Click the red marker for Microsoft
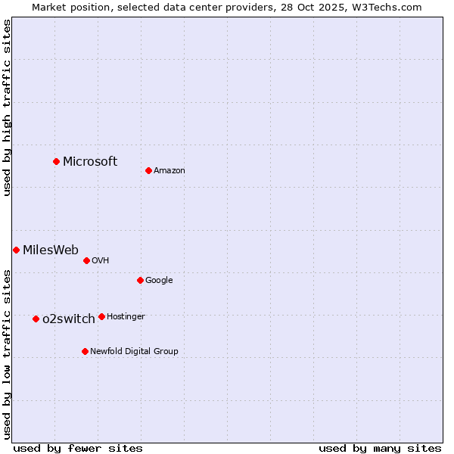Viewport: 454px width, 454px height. pos(56,161)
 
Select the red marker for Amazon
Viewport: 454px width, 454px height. pos(148,170)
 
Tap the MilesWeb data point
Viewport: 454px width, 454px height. pos(16,250)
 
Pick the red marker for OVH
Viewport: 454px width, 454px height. pos(86,260)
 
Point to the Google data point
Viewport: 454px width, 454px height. pos(140,280)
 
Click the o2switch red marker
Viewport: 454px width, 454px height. pos(36,319)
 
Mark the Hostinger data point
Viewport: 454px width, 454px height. pos(101,316)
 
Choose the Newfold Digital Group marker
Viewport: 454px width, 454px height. pos(85,351)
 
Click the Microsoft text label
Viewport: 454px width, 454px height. pos(90,161)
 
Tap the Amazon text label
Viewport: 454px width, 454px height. pos(169,171)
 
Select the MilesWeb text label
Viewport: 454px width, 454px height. pos(51,250)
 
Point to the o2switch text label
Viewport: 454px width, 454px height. pos(69,319)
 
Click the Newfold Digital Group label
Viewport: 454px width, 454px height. pos(135,351)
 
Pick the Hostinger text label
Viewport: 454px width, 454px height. pos(126,316)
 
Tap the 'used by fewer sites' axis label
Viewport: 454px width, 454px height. pos(78,448)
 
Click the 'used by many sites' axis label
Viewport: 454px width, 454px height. pos(380,448)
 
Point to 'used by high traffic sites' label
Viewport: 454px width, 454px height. pos(7,107)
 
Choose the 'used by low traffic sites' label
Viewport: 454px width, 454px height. pos(7,354)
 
